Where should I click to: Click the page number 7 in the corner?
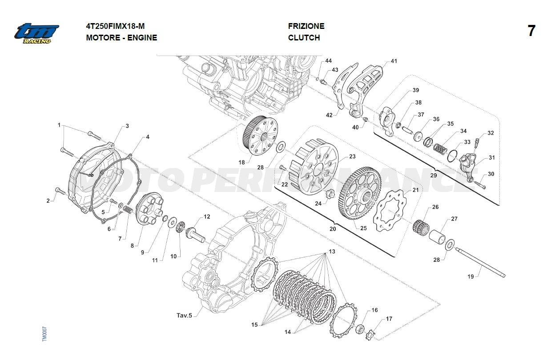tap(531, 31)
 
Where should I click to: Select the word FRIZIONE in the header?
tap(306, 26)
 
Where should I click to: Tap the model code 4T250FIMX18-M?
tap(115, 26)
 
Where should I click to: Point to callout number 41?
tap(394, 61)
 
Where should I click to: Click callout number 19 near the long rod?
tap(471, 276)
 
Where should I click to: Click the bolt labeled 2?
tap(60, 192)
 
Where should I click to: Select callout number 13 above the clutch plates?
tap(332, 252)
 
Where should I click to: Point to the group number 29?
tap(434, 176)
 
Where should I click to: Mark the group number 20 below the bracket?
tap(333, 229)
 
